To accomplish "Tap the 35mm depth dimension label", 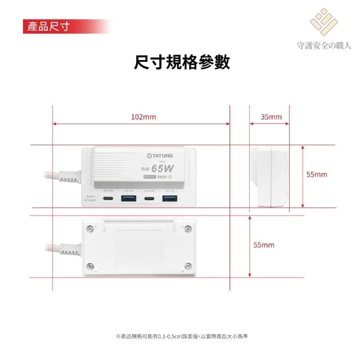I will pos(271,117).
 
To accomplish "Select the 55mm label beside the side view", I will pos(317,174).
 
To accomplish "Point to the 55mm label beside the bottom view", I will pos(264,245).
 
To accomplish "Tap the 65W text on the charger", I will pos(164,166).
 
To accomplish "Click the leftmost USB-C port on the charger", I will pos(108,199).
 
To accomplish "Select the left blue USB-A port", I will pos(128,199).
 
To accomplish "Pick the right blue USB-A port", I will pos(170,199).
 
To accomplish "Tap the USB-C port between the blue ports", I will pos(149,199).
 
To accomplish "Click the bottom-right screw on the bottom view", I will pos(188,265).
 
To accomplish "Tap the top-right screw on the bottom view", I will pos(188,227).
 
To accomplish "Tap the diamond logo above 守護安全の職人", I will pos(325,22).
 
